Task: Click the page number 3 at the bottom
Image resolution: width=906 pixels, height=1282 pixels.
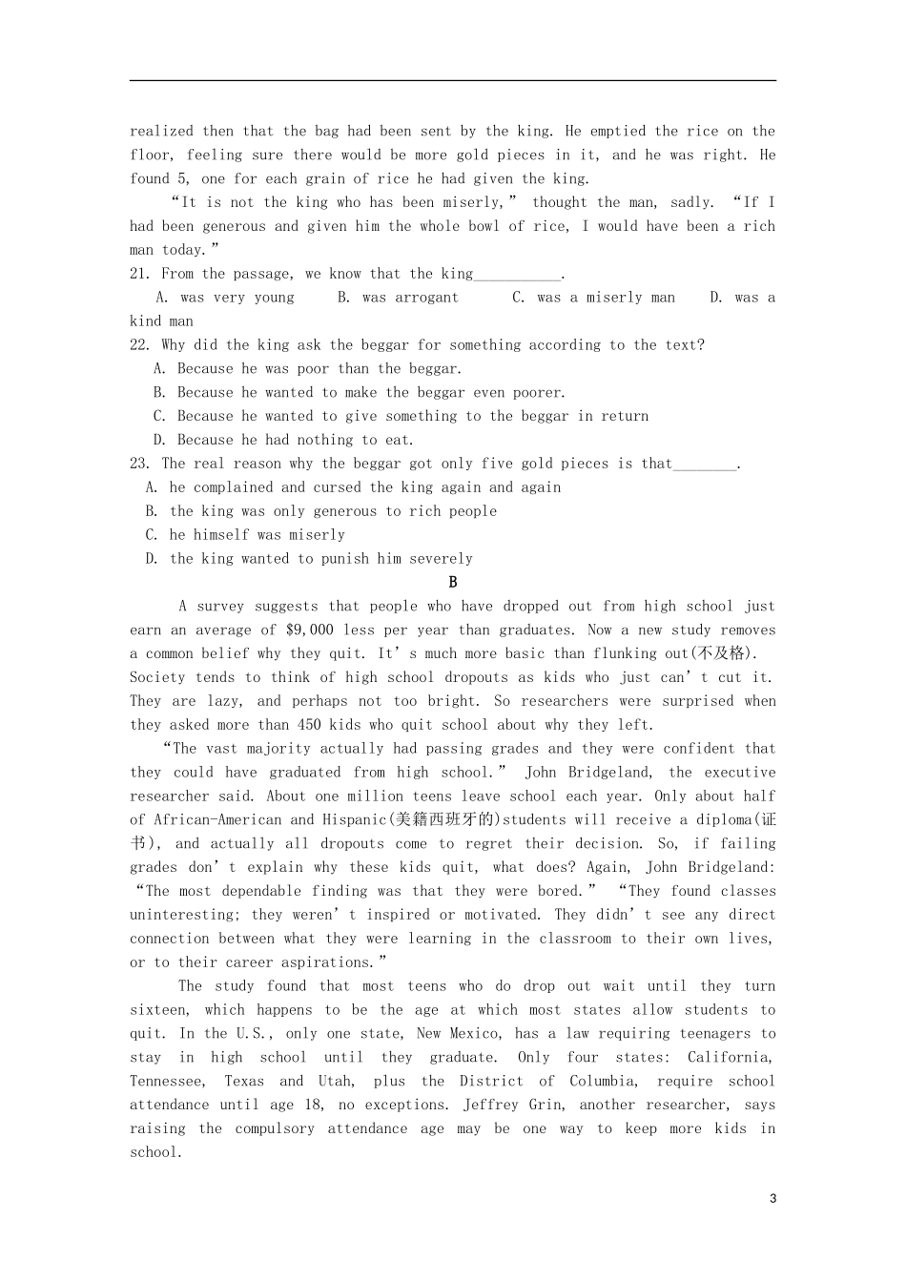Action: coord(772,1199)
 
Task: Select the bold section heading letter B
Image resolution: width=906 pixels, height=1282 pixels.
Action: coord(453,582)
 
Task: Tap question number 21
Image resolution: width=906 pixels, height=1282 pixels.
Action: coord(140,274)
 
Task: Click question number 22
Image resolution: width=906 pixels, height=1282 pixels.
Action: coord(140,345)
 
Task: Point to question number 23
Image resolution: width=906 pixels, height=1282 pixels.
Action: coord(140,464)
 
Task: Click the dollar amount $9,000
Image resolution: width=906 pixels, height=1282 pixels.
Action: coord(309,631)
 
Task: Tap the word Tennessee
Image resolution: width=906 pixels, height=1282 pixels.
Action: coord(167,1082)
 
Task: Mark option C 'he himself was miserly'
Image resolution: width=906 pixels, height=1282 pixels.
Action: coord(246,535)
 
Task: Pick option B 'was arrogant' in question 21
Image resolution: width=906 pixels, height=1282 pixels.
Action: coord(398,298)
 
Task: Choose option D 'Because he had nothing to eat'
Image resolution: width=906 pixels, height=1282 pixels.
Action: coord(284,440)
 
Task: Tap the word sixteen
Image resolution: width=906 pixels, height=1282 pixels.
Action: coord(159,1010)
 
